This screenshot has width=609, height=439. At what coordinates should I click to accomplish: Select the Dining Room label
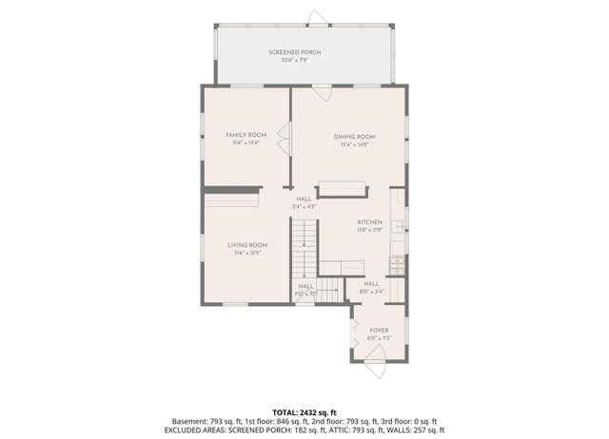pos(354,136)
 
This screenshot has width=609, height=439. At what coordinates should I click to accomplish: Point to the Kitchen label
pos(369,221)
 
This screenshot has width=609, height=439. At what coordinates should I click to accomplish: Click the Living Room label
pos(246,245)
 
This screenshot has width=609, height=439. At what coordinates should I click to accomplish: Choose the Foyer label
pos(379,330)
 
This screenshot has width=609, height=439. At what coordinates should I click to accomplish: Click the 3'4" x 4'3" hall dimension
pos(304,206)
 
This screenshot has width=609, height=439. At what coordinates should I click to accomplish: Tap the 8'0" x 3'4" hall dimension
pos(371,292)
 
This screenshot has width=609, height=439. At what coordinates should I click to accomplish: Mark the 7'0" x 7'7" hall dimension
pos(305,294)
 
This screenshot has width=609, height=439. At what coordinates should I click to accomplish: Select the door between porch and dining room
pos(323,93)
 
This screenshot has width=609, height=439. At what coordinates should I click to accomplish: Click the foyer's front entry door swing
pos(376,358)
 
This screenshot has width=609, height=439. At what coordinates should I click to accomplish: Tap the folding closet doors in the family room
pos(284,143)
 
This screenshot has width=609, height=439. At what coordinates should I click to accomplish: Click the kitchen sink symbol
pos(401,228)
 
